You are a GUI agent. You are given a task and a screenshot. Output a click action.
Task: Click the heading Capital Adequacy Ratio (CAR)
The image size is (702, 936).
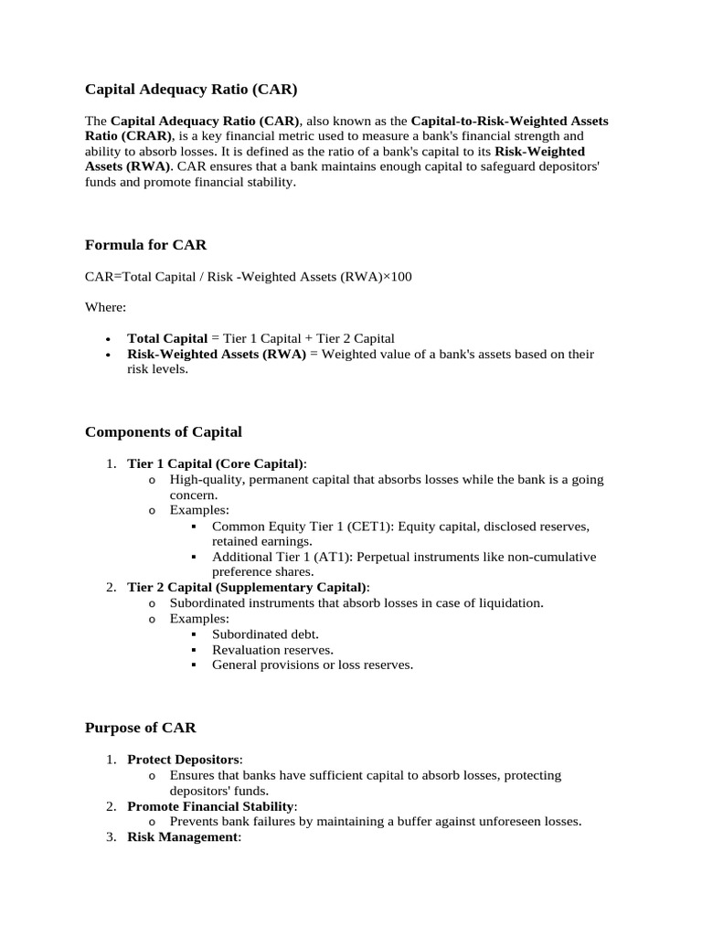pos(191,90)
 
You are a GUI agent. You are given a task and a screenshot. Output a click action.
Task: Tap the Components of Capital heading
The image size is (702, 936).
pos(164,431)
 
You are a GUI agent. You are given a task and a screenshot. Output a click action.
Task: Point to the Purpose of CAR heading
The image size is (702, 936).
pos(140,728)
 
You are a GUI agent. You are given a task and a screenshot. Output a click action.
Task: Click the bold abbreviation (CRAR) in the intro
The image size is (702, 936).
pos(146,135)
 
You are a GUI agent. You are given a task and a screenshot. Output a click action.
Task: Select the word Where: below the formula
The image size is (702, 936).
pos(106,308)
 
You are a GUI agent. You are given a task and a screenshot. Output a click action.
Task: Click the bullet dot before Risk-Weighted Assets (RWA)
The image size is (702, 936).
pos(109,355)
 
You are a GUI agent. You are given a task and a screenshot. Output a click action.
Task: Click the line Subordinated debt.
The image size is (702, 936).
pos(265,633)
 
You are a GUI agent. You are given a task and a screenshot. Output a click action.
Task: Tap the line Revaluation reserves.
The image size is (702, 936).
pos(272,649)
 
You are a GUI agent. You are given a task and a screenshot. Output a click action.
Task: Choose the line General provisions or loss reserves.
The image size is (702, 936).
pos(313,665)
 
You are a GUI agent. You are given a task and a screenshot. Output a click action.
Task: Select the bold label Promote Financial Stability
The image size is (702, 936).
pos(211,806)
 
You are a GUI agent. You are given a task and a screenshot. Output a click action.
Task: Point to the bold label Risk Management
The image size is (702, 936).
pos(182,836)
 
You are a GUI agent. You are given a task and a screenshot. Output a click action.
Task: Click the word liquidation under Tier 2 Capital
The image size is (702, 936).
pos(509,602)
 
